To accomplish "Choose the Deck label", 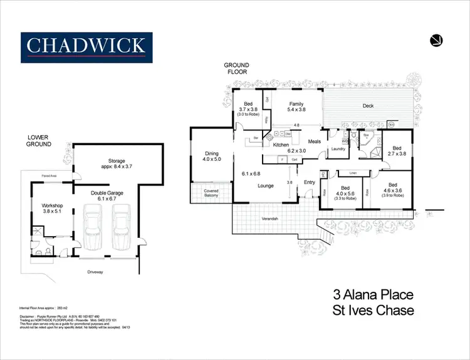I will (x=368, y=106).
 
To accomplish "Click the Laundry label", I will (x=339, y=148).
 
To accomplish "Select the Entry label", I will (x=309, y=183).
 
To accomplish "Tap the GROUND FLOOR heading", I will (x=238, y=68).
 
